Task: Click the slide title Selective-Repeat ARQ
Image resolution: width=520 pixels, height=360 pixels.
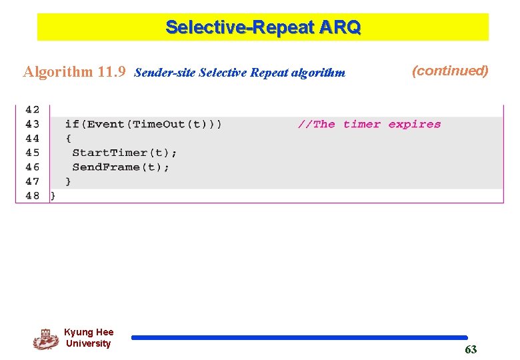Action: [263, 27]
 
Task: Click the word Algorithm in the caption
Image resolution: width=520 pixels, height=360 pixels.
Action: [58, 72]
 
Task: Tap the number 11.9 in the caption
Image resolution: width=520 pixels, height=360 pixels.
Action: [111, 72]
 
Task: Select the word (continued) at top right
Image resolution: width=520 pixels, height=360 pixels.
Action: [450, 71]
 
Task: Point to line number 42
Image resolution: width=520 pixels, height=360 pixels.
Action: [33, 110]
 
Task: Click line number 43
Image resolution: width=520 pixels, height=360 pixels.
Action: [33, 124]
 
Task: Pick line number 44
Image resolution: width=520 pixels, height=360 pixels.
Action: [33, 139]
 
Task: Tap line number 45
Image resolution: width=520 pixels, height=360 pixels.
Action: [33, 153]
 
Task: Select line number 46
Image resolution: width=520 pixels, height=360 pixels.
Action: [33, 167]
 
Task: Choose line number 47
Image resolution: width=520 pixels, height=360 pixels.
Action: [33, 181]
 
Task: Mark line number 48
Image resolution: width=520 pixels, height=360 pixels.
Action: [33, 196]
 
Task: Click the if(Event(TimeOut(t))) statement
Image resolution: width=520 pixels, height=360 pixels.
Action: [143, 124]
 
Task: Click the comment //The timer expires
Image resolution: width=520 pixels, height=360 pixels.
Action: [369, 124]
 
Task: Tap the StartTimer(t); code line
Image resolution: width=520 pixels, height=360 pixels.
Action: [124, 153]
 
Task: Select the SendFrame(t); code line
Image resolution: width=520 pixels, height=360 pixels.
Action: [121, 167]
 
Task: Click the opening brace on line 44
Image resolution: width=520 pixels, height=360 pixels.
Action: [68, 139]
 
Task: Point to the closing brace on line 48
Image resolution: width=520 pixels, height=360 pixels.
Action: [53, 196]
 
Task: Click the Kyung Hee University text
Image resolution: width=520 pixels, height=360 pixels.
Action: [89, 338]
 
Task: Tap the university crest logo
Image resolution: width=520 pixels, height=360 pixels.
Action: [45, 339]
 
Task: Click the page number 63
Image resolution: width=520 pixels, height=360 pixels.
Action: [471, 350]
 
